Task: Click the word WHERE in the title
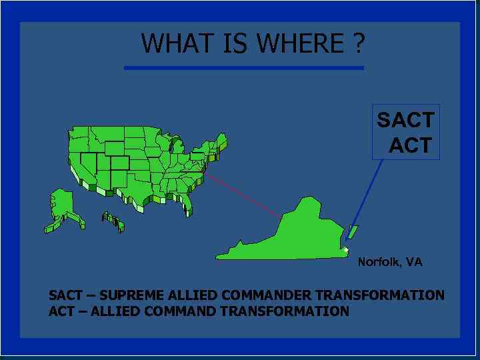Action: tap(301, 44)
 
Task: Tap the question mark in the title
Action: tap(359, 44)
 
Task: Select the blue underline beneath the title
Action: tap(244, 67)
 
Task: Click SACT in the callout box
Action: tap(405, 121)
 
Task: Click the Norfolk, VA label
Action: tap(390, 262)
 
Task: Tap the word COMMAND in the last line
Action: tap(179, 311)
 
